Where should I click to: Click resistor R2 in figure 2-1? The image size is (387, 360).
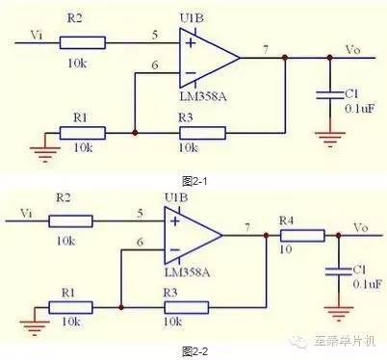tap(83, 42)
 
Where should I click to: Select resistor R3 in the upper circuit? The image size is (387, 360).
tap(202, 133)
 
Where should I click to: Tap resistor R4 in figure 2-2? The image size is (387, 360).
tap(302, 236)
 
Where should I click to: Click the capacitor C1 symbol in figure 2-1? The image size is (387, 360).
tap(330, 95)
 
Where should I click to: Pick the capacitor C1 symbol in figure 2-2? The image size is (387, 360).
tap(339, 271)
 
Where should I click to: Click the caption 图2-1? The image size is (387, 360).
tap(194, 182)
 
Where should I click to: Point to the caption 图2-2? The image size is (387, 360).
tap(194, 351)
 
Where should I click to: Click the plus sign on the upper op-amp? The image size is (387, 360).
tap(191, 43)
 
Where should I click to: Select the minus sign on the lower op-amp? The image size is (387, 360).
tap(175, 250)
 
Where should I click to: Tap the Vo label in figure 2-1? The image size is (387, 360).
tap(352, 50)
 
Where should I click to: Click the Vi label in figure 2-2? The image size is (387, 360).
tap(26, 213)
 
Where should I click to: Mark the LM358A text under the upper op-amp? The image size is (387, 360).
tap(203, 96)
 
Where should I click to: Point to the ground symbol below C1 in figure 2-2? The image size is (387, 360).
tap(339, 314)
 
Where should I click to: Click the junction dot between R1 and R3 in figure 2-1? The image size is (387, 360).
tap(135, 133)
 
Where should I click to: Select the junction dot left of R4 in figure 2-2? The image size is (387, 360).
tap(266, 236)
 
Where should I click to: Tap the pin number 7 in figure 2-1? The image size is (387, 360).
tap(266, 50)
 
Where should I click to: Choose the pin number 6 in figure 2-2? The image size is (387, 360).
tap(140, 243)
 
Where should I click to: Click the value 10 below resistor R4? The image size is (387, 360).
tap(286, 249)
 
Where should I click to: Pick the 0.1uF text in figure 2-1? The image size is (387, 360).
tap(360, 108)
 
